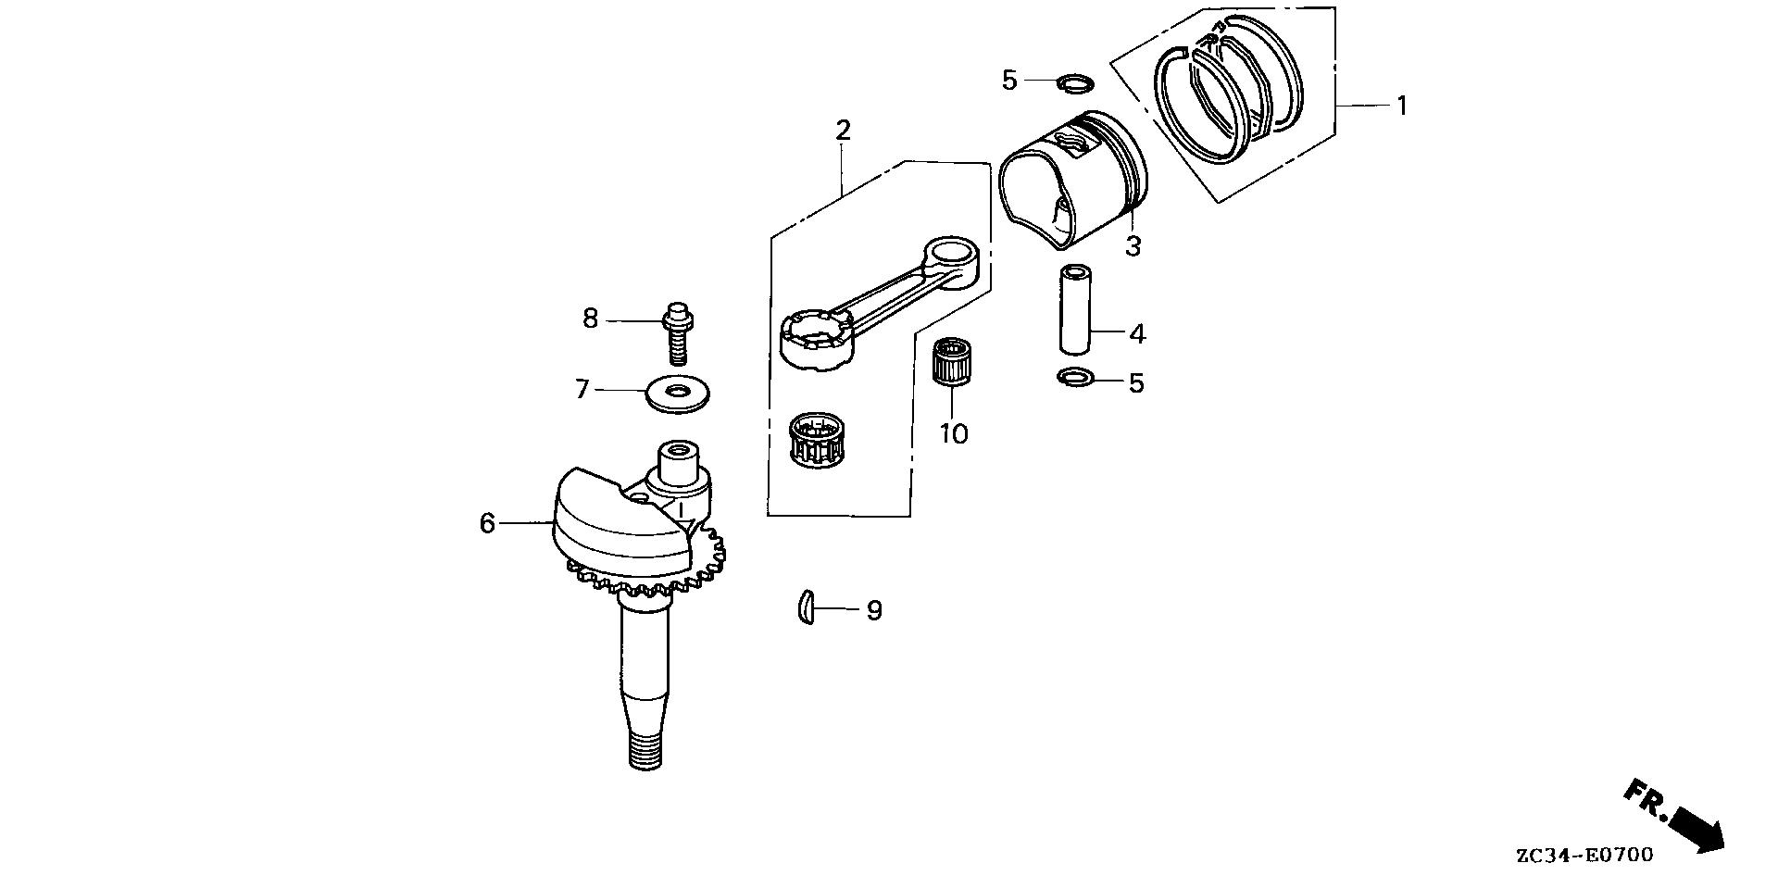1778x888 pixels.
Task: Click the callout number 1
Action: tap(1402, 106)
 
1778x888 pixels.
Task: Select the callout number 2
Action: tap(843, 131)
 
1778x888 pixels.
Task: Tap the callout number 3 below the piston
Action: tap(1133, 246)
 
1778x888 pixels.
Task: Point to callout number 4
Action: tap(1137, 333)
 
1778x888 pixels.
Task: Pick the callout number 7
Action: tap(582, 390)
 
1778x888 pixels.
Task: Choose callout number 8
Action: tap(591, 319)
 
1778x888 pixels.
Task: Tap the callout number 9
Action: tap(874, 611)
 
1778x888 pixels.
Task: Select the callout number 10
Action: tap(954, 433)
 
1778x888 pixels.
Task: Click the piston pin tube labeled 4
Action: tap(1075, 310)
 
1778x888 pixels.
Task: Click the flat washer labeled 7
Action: tap(681, 393)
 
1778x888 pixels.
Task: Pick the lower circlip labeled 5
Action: tap(1074, 377)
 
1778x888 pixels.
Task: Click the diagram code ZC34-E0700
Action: tap(1584, 856)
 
